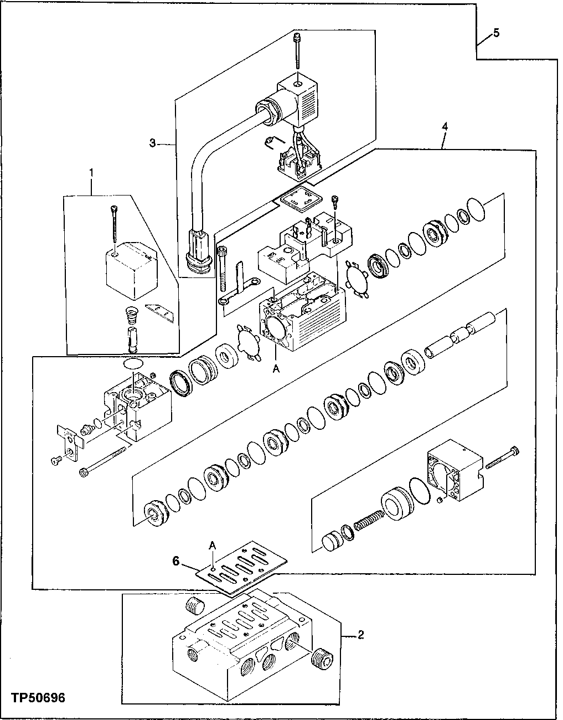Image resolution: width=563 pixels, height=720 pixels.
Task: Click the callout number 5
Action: (x=496, y=33)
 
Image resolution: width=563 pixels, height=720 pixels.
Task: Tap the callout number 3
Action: (x=152, y=143)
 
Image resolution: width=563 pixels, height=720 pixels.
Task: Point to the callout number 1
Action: (x=92, y=173)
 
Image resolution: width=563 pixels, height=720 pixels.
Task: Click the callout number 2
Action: (x=360, y=635)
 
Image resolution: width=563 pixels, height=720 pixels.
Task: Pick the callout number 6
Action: (x=175, y=562)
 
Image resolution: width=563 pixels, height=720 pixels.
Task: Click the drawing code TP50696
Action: (x=37, y=697)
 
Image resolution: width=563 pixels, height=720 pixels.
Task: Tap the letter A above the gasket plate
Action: (x=212, y=545)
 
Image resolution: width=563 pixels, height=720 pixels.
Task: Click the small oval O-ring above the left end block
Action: (x=132, y=363)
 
